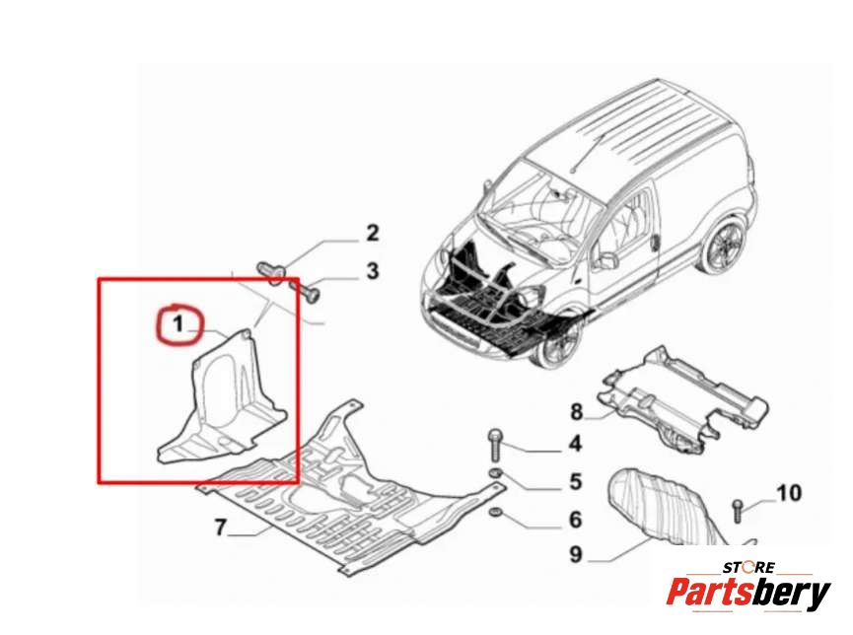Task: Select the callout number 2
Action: (372, 234)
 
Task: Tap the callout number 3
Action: (372, 270)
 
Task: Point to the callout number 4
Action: (574, 445)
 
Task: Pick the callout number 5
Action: (575, 482)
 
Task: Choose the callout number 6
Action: (575, 520)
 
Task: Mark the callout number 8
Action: (576, 410)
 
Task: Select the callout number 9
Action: (576, 555)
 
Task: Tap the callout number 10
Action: (789, 492)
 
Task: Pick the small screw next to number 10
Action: (738, 509)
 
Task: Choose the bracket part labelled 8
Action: (680, 399)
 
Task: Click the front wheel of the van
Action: (552, 345)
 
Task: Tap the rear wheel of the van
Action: (723, 247)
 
